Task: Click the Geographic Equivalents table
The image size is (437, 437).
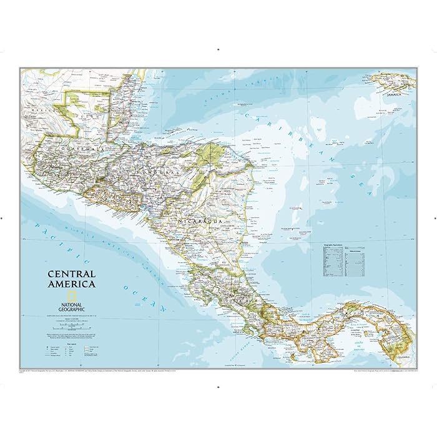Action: (x=333, y=258)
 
